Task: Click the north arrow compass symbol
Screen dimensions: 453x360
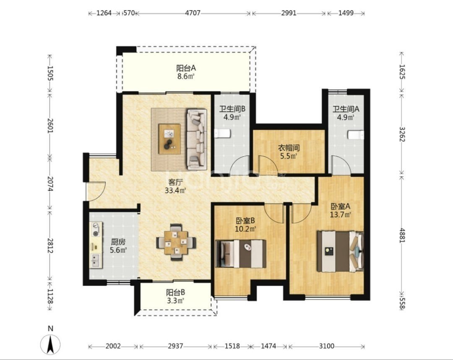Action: (50, 344)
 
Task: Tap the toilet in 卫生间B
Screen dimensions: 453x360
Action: (222, 134)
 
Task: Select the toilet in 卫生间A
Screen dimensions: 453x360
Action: (356, 135)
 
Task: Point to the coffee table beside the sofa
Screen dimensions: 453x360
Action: (169, 139)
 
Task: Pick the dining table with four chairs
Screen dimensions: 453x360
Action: (176, 242)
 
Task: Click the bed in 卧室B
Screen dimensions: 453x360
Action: (241, 254)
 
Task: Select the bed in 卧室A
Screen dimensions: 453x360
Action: (340, 251)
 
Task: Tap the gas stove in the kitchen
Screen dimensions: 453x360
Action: (96, 228)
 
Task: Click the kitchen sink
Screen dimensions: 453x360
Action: (96, 261)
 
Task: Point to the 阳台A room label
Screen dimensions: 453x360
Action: (186, 68)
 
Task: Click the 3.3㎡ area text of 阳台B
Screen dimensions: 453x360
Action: (176, 301)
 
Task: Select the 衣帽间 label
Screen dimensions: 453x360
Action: (289, 148)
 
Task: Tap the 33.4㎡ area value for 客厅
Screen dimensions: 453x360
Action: (175, 190)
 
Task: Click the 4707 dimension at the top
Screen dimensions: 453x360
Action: (193, 13)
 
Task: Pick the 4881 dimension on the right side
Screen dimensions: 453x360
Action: (402, 235)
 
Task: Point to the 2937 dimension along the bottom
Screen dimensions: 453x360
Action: (175, 346)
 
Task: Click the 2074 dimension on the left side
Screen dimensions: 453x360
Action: (50, 184)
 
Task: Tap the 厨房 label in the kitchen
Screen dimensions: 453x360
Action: (118, 242)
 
